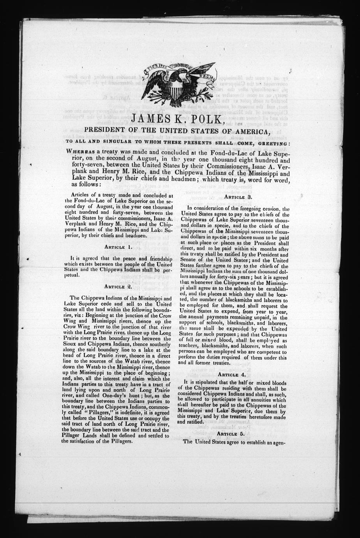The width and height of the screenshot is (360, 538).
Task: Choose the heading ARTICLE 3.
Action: click(233, 197)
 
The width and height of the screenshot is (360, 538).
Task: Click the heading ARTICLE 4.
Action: click(233, 375)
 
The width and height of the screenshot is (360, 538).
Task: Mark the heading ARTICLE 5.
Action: click(233, 434)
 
